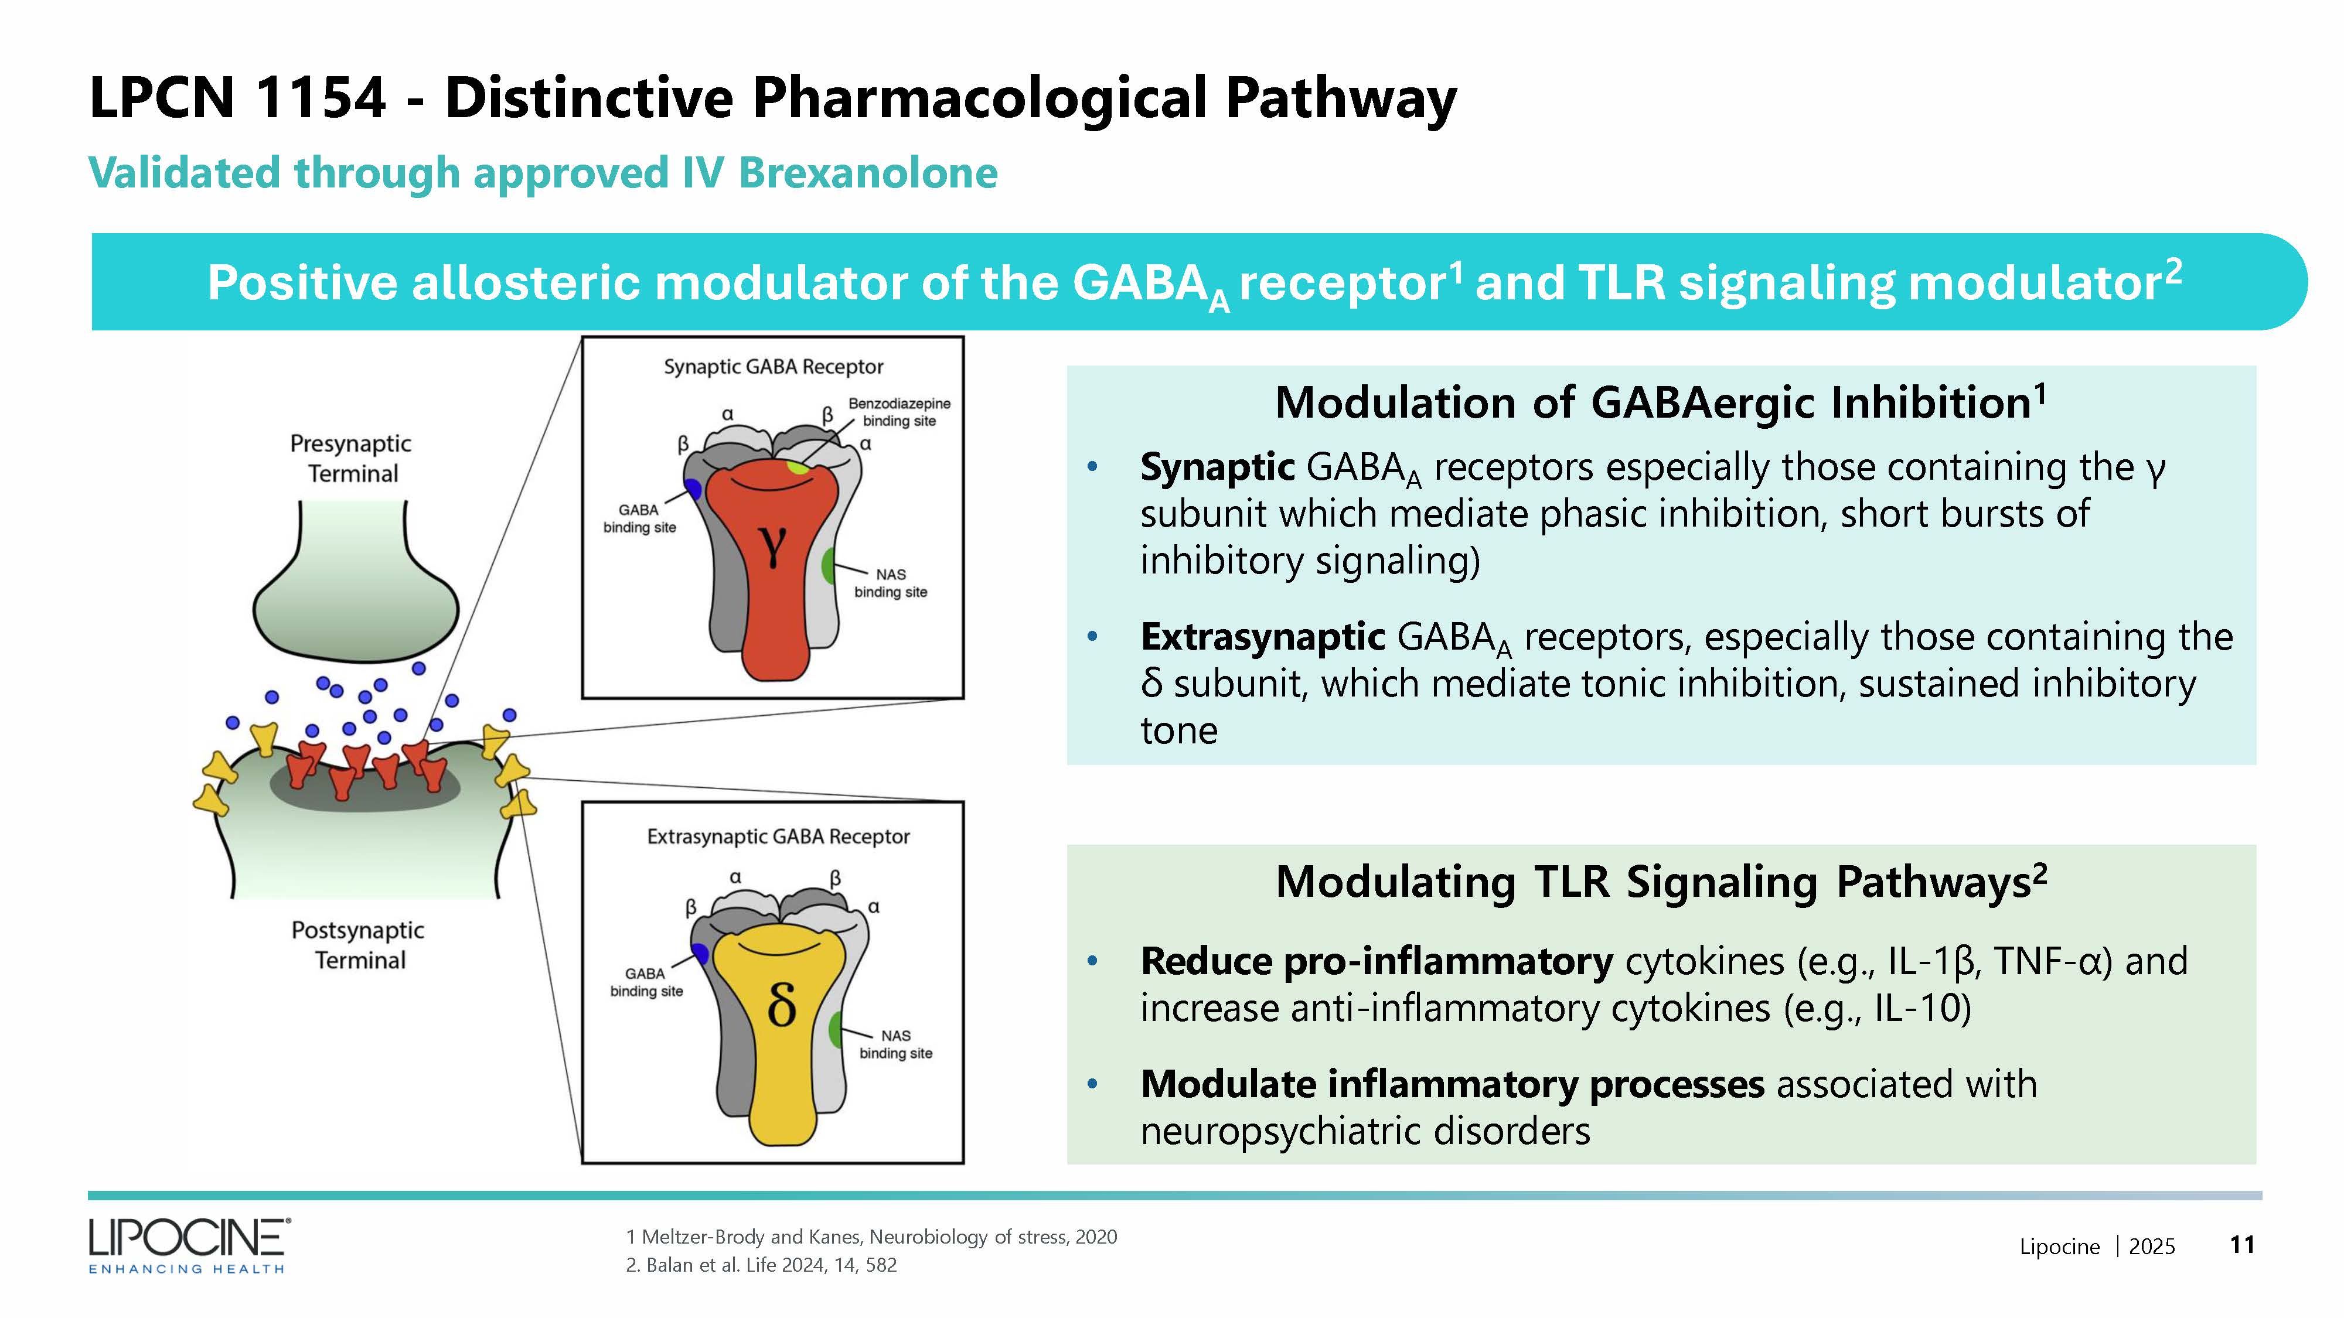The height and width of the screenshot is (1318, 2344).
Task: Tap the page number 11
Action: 2242,1244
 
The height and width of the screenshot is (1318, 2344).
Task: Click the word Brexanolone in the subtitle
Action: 867,173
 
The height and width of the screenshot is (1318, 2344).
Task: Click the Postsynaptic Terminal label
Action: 359,944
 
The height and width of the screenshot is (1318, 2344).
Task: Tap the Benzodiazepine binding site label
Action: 899,411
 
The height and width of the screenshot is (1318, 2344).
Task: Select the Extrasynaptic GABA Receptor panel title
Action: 778,836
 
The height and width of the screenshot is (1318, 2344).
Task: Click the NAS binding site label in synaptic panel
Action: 890,583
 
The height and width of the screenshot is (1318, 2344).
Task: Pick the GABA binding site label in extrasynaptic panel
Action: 646,981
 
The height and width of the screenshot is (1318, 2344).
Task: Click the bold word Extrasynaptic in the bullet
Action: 1262,637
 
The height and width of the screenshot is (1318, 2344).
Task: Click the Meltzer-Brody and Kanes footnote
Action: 871,1236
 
